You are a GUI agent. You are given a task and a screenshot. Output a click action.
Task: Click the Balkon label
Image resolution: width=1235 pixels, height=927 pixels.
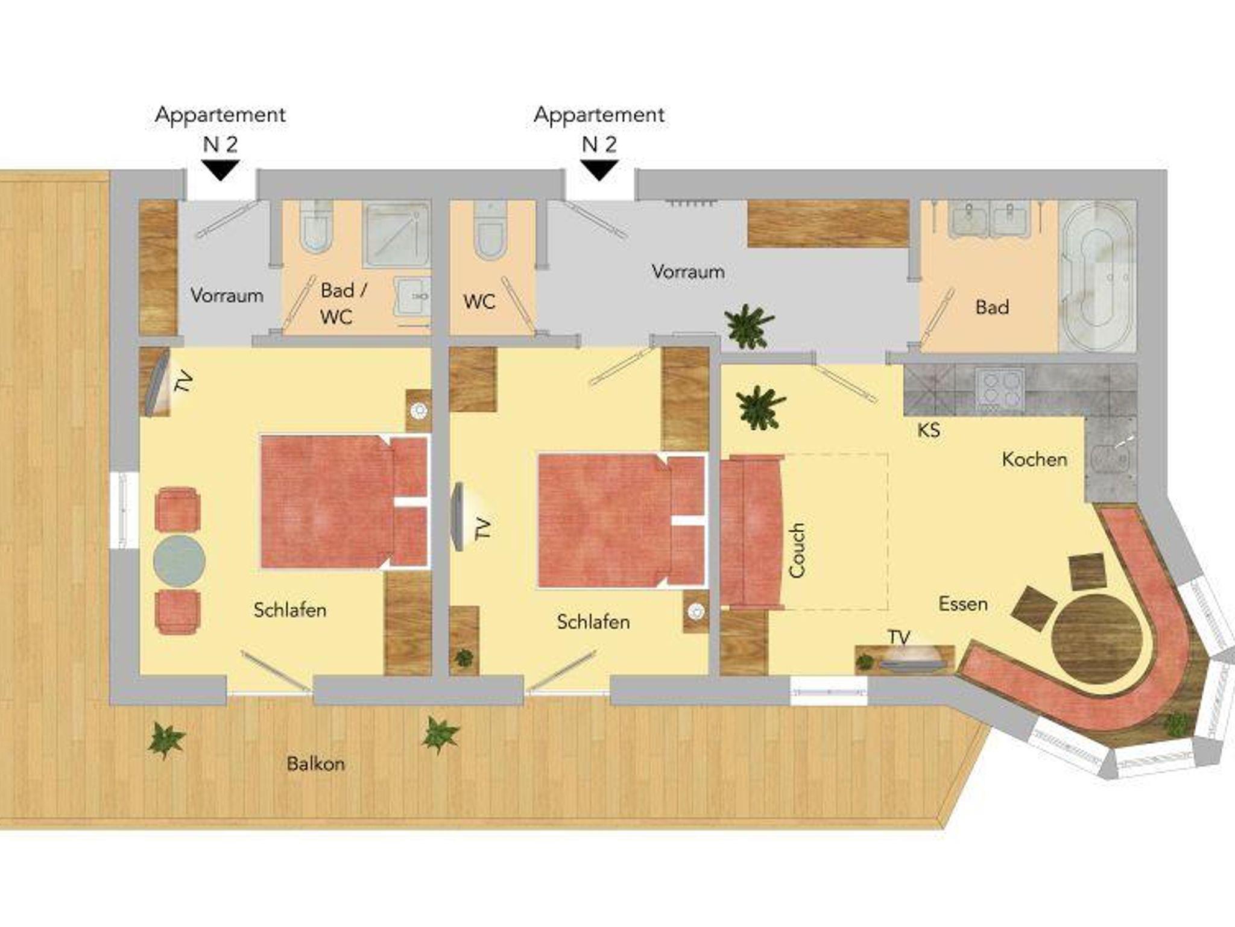tap(316, 764)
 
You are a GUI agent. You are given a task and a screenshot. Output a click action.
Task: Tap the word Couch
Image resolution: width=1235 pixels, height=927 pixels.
tap(797, 550)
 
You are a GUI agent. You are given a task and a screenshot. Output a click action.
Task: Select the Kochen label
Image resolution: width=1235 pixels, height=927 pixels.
tap(1035, 459)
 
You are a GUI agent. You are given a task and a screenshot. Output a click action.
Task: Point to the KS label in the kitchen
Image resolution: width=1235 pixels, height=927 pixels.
tap(929, 430)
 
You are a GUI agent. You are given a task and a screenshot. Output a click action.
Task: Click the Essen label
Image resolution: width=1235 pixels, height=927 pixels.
tap(963, 604)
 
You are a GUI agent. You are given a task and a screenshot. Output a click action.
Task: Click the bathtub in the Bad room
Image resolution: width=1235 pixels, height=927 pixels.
tap(1096, 277)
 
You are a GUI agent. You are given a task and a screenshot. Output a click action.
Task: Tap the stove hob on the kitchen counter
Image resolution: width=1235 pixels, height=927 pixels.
tap(1000, 389)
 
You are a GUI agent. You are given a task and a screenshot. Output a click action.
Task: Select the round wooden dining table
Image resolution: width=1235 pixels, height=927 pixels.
tap(1097, 639)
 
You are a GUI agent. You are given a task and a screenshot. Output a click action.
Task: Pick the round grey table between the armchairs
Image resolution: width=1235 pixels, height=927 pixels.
tap(179, 560)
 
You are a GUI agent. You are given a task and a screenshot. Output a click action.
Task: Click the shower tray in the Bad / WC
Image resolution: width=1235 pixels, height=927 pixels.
tap(396, 235)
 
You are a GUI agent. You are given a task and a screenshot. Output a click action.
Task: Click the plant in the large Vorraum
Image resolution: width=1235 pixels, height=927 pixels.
tap(749, 327)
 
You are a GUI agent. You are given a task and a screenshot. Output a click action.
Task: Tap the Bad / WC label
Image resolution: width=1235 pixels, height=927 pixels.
tap(343, 303)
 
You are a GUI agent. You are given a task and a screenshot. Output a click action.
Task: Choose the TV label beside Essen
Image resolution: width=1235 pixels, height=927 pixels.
tap(899, 637)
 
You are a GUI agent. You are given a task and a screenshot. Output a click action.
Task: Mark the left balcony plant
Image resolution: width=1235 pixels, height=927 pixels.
tap(166, 740)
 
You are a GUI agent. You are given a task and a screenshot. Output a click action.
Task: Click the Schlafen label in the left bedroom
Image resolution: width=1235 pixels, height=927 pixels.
tap(290, 610)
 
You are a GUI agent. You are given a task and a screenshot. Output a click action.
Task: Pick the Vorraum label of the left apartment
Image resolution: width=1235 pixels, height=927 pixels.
tap(227, 295)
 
